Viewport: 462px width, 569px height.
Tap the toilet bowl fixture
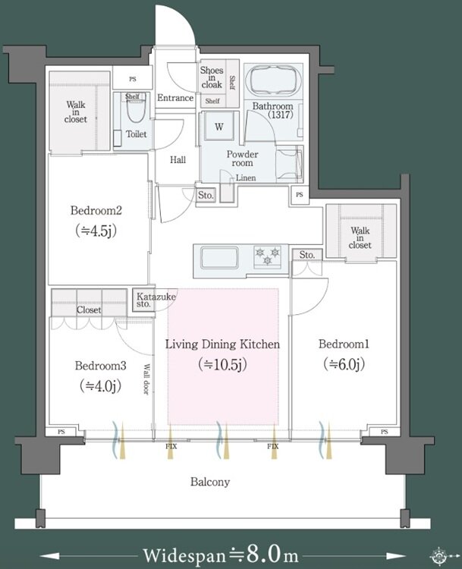pos(136,108)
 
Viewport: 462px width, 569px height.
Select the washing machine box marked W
pos(218,126)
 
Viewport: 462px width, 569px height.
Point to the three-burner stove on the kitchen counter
pos(268,256)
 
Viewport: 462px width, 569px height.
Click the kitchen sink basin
pos(219,258)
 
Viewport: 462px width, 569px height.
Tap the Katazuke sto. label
pos(156,300)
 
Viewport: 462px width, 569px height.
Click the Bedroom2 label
pos(96,210)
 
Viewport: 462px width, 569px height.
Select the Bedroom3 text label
pos(101,366)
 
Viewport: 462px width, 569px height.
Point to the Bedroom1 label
pos(344,344)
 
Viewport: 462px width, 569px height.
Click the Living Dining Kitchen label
pos(222,344)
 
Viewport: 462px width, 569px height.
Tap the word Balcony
pos(210,482)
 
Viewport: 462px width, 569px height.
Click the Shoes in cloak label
pos(212,77)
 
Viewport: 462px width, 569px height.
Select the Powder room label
pos(243,159)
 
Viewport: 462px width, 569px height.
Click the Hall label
pos(178,159)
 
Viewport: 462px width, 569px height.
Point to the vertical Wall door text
pos(146,379)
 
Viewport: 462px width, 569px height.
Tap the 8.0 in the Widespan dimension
pos(264,554)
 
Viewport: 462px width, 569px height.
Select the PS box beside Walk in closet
pos(133,79)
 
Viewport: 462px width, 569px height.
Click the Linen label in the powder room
pos(246,178)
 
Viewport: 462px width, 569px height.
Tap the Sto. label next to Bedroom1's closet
pos(307,255)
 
